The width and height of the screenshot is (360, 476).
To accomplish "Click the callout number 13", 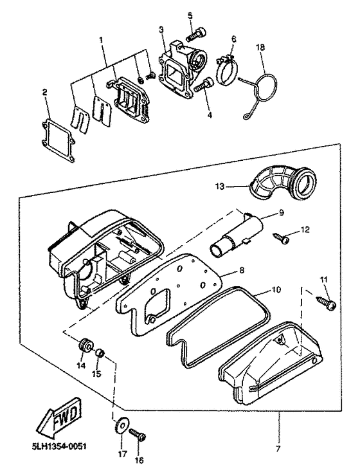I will pos(219,186).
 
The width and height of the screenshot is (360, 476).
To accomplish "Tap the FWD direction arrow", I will pos(55,421).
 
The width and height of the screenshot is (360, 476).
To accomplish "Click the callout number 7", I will pos(278,445).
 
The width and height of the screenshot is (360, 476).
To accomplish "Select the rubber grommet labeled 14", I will pos(82,345).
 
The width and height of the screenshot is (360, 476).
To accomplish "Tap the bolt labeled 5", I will pos(195,30).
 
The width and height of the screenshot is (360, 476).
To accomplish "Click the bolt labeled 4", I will pos(206,84).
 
